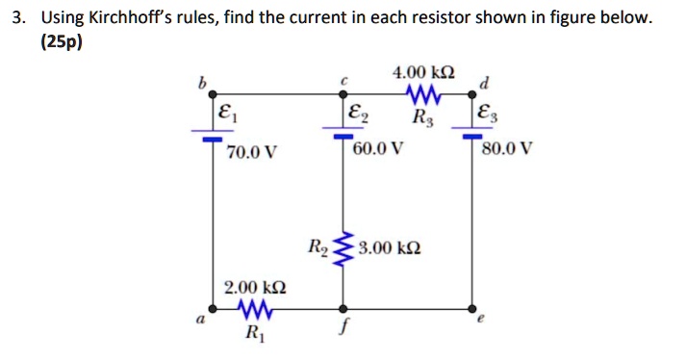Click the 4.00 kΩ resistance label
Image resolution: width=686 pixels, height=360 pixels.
[424, 73]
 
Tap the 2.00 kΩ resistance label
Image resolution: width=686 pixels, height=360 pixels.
[254, 287]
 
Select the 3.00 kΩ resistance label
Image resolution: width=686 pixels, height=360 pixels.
[389, 250]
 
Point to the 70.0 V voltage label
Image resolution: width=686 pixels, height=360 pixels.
[252, 151]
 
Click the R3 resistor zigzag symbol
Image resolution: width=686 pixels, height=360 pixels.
[424, 93]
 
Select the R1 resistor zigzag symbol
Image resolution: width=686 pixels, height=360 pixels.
[254, 310]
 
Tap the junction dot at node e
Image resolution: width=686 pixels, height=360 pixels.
[472, 310]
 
